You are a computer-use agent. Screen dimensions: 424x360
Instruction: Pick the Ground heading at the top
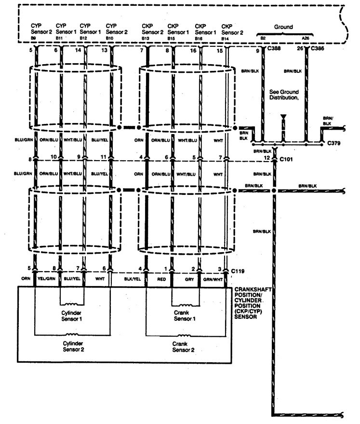tap(283, 27)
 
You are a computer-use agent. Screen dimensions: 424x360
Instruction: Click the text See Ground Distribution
tap(284, 95)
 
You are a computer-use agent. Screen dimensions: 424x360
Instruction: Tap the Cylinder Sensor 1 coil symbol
tap(72, 304)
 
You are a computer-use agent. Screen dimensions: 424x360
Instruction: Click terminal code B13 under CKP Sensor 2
tap(145, 38)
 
